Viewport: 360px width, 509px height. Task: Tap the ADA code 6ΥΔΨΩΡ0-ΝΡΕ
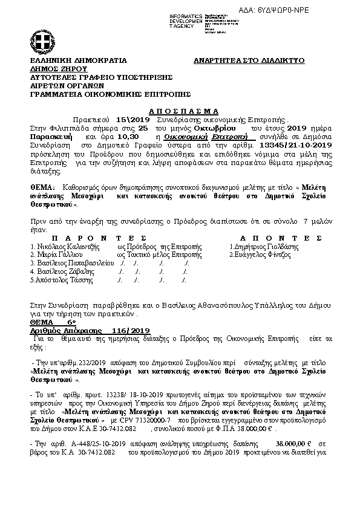(316, 11)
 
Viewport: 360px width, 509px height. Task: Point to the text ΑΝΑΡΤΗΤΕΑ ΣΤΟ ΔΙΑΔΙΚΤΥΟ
(249, 61)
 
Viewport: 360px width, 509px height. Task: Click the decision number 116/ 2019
(130, 331)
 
